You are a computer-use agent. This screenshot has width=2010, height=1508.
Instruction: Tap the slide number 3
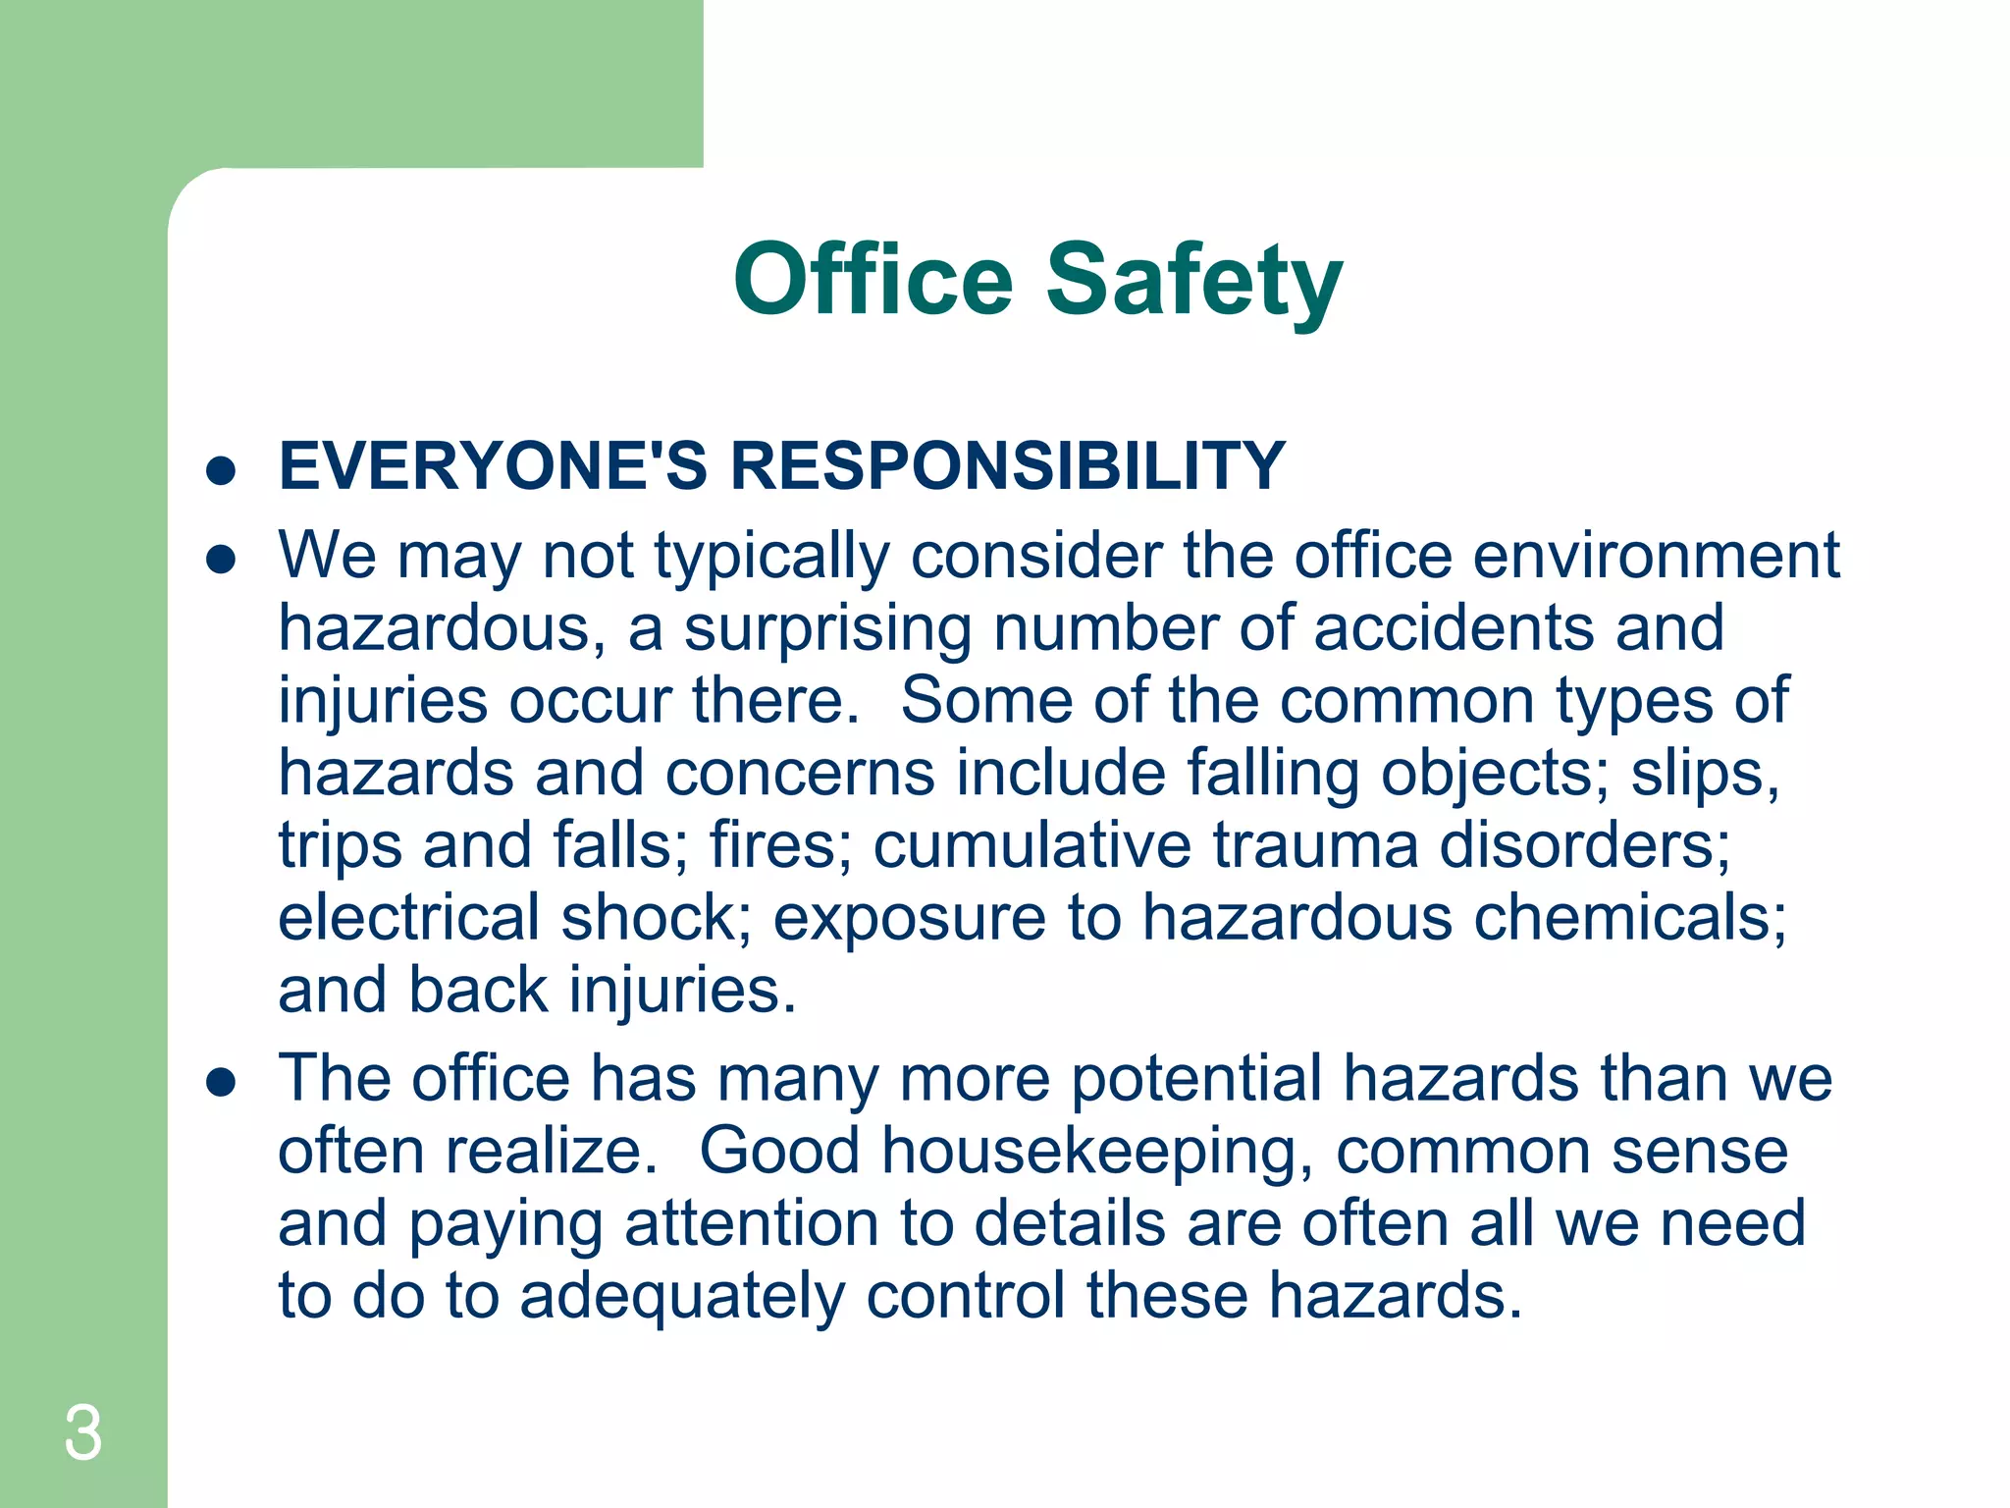point(82,1433)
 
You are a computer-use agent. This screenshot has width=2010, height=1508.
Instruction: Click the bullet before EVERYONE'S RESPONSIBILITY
point(222,470)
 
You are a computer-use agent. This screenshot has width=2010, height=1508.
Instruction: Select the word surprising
point(827,628)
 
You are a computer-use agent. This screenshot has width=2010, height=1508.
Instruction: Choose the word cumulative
point(1032,845)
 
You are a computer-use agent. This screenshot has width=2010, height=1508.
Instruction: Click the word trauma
point(1315,845)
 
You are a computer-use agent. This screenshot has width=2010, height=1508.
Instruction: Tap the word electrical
point(408,918)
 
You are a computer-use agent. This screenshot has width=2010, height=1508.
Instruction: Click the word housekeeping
point(1097,1152)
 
